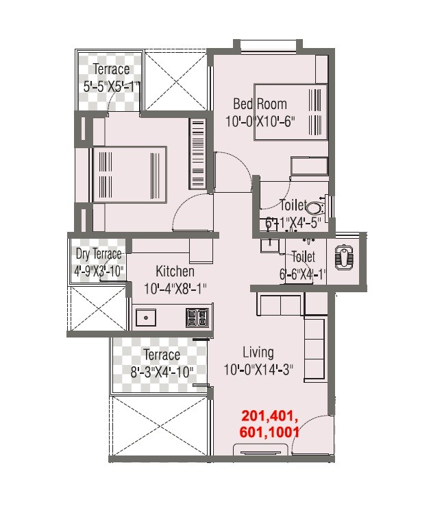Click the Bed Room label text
click(x=260, y=104)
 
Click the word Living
click(x=258, y=353)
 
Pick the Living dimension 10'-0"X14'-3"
click(x=258, y=370)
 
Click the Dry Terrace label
click(x=99, y=254)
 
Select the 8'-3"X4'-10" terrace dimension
click(x=162, y=372)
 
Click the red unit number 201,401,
click(x=269, y=416)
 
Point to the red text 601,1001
click(x=269, y=432)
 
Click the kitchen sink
click(x=145, y=318)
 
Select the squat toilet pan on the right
click(x=343, y=257)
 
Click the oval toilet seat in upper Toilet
click(x=315, y=206)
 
